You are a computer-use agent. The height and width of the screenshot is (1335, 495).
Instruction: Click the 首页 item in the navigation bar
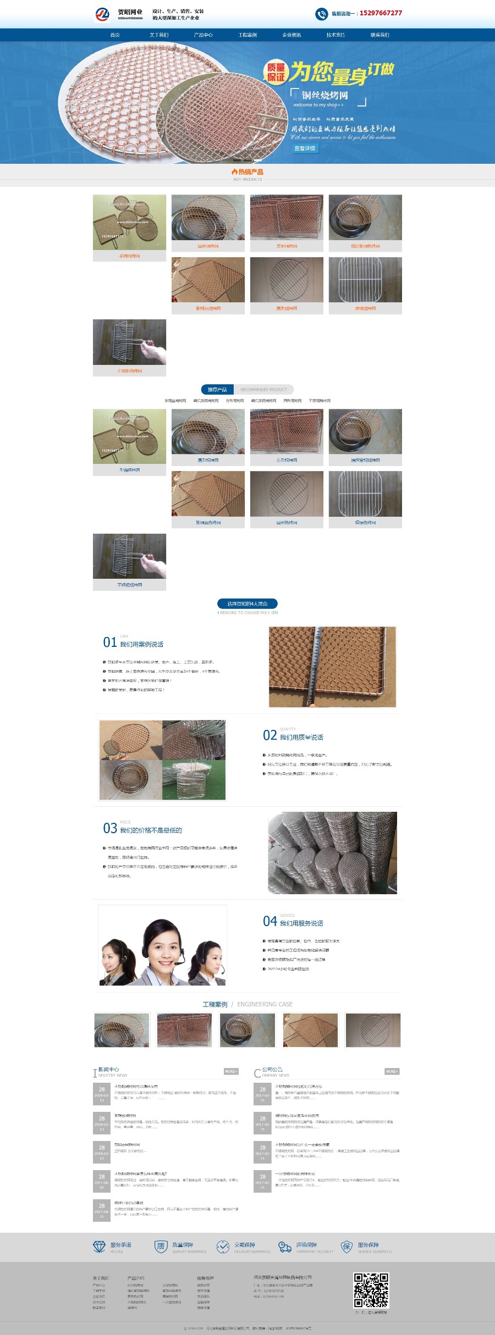click(115, 35)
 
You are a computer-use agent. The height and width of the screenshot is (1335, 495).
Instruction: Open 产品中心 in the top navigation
click(203, 35)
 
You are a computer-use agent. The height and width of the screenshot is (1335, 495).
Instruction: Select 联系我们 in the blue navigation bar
click(380, 35)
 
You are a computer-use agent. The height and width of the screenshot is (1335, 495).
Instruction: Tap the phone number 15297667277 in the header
click(381, 13)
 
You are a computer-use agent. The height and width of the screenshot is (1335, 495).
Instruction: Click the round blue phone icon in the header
click(321, 14)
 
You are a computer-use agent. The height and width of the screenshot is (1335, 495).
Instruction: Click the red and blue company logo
click(102, 14)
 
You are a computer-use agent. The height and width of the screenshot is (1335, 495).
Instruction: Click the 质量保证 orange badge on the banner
click(276, 72)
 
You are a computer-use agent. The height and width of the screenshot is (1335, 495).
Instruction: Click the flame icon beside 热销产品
click(234, 172)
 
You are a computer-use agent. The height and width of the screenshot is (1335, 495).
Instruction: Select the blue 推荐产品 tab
click(217, 389)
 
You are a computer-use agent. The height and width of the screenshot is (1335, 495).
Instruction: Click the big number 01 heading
click(109, 642)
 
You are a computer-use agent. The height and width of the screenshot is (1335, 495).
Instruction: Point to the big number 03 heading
click(109, 828)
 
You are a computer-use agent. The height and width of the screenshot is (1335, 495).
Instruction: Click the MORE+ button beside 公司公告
click(392, 1071)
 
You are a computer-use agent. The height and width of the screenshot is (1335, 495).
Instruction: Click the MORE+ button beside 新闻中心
click(231, 1071)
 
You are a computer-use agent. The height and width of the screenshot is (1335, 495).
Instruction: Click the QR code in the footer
click(371, 1290)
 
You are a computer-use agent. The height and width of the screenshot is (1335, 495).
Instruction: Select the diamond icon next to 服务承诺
click(99, 1247)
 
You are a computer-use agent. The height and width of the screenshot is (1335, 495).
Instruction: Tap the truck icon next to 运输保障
click(284, 1247)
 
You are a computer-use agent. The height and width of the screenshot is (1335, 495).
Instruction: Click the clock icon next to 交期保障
click(223, 1247)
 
